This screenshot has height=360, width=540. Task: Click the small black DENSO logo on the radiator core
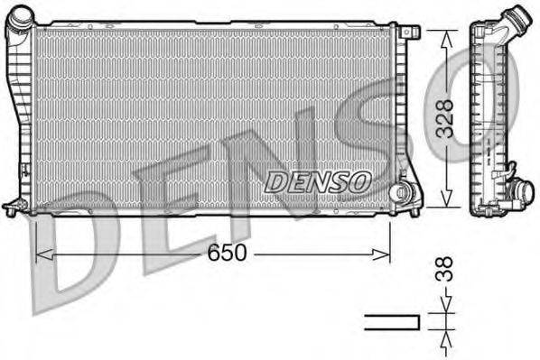click(x=318, y=180)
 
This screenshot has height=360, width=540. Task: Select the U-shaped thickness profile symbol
click(x=392, y=321)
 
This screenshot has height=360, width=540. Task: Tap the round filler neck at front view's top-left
click(x=23, y=20)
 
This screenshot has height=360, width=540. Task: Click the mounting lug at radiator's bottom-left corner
click(x=13, y=207)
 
